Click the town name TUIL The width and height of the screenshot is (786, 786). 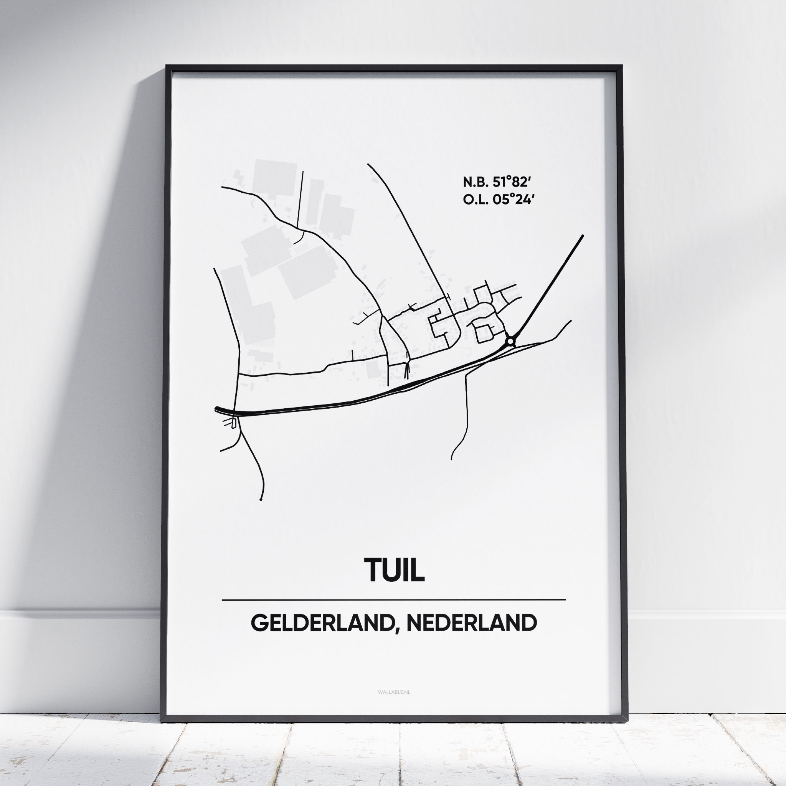394,570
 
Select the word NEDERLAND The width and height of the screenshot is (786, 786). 472,623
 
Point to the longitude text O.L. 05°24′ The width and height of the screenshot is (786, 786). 497,199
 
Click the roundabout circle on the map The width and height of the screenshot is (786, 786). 510,341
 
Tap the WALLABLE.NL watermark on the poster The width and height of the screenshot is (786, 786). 394,692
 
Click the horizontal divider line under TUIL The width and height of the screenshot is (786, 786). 394,600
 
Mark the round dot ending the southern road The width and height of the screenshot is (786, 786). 261,499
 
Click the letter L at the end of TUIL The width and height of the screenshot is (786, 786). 419,570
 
